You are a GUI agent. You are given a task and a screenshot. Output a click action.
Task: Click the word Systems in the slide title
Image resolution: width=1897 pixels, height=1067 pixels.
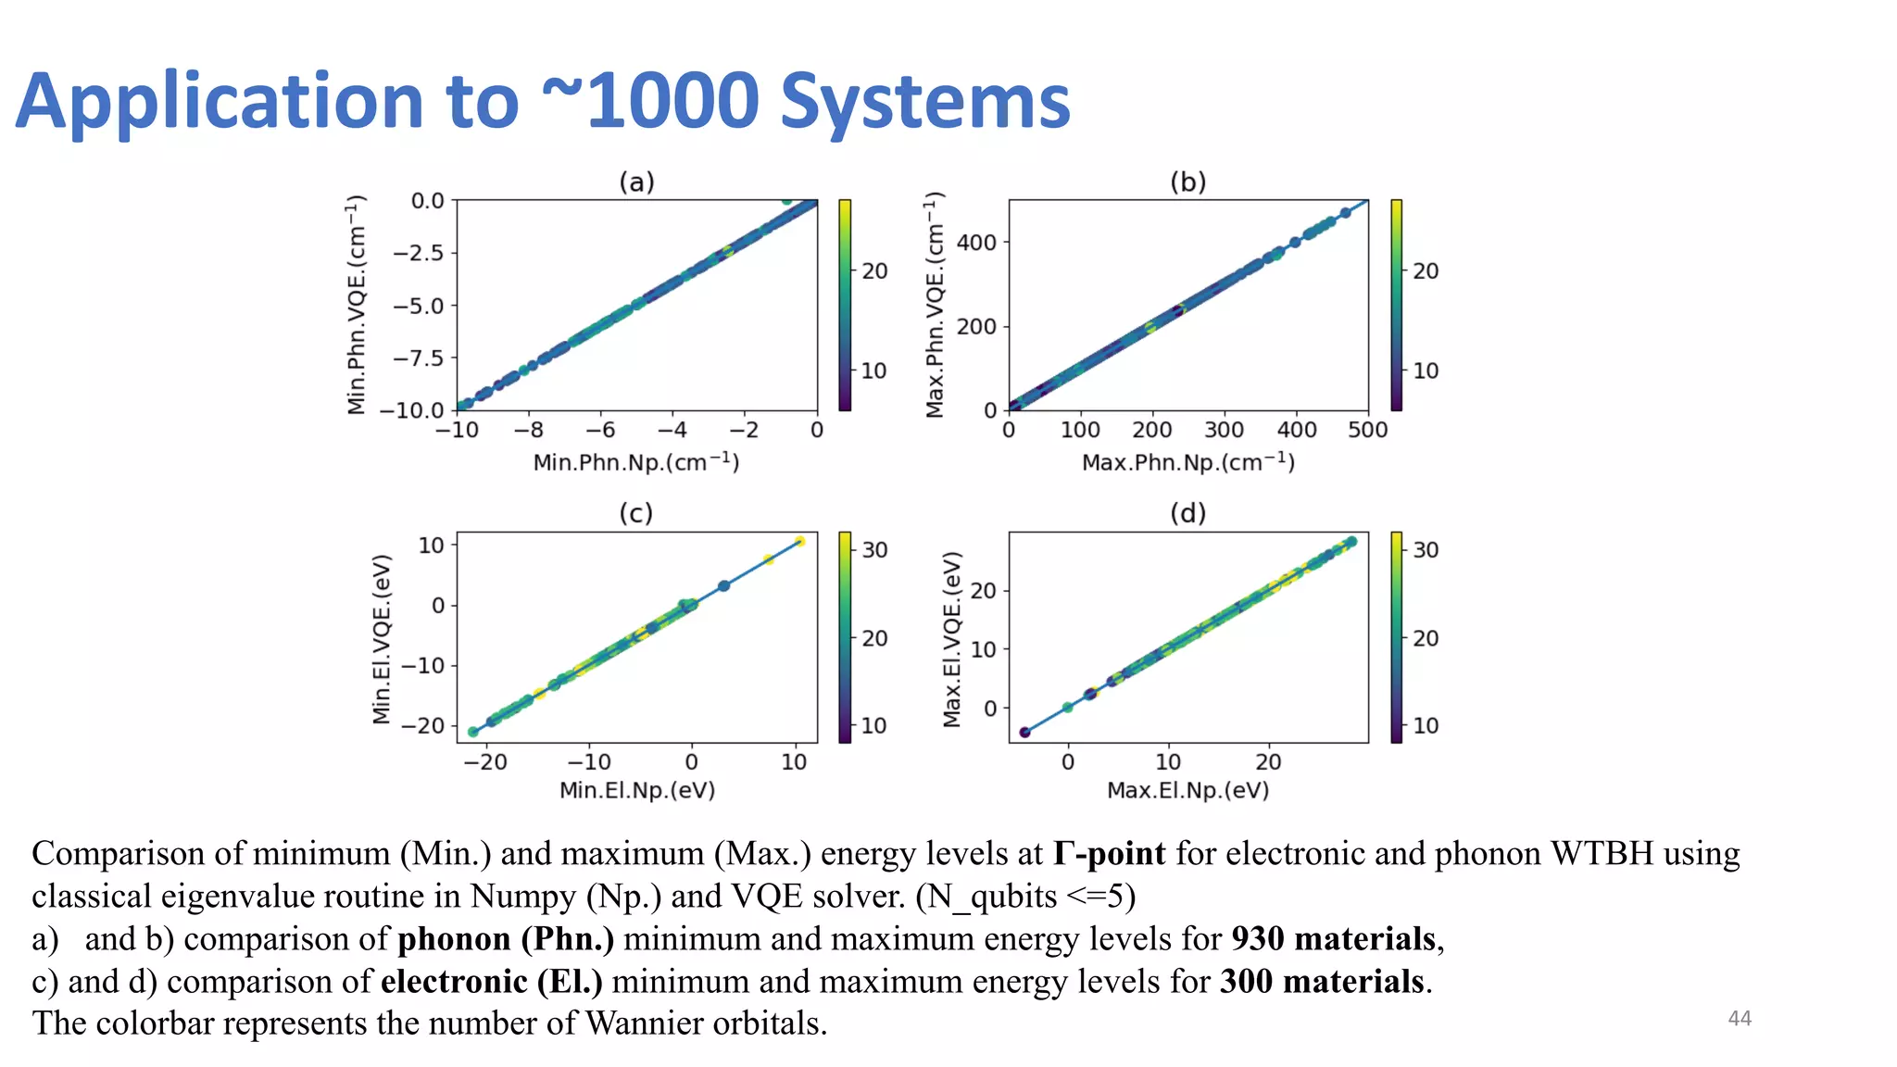924,102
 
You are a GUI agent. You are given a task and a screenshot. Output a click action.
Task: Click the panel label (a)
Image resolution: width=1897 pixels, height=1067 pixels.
636,182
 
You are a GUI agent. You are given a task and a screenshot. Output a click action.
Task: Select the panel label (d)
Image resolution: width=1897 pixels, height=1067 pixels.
1187,512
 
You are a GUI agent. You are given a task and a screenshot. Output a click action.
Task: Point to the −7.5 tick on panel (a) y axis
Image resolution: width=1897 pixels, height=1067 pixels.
418,358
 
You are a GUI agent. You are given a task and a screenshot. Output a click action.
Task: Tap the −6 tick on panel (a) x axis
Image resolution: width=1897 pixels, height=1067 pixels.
600,430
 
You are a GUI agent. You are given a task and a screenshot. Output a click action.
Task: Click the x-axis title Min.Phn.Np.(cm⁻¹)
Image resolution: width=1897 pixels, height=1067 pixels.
635,462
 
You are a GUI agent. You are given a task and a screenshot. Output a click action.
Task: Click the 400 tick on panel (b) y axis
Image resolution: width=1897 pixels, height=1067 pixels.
976,243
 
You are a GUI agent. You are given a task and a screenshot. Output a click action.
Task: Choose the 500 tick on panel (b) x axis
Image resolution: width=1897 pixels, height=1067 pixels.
1368,430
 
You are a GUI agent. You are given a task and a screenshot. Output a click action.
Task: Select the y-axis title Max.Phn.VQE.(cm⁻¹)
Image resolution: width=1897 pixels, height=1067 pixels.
936,305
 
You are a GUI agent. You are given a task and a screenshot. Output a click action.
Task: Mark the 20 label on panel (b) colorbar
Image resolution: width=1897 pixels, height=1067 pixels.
1426,271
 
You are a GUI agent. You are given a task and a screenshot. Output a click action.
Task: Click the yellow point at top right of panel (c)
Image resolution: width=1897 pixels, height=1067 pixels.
799,542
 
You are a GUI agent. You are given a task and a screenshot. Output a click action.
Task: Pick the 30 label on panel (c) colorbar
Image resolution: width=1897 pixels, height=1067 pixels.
874,550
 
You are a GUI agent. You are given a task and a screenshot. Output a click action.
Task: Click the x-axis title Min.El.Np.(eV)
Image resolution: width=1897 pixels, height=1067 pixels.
636,790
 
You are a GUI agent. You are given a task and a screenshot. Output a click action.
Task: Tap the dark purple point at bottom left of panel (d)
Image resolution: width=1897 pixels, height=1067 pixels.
1024,733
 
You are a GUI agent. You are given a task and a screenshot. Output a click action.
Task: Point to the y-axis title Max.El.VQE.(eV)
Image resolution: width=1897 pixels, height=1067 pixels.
952,639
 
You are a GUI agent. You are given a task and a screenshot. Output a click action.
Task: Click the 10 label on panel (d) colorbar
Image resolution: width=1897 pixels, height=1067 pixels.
1426,726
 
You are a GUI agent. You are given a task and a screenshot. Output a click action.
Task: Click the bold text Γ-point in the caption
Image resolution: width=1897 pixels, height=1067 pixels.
1108,853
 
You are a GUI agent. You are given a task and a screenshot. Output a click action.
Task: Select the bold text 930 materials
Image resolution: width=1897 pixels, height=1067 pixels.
1333,938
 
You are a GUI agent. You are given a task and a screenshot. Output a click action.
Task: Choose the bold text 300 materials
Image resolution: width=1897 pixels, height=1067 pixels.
1322,981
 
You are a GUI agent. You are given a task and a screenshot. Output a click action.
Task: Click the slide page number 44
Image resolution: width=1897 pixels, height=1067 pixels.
1740,1019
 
